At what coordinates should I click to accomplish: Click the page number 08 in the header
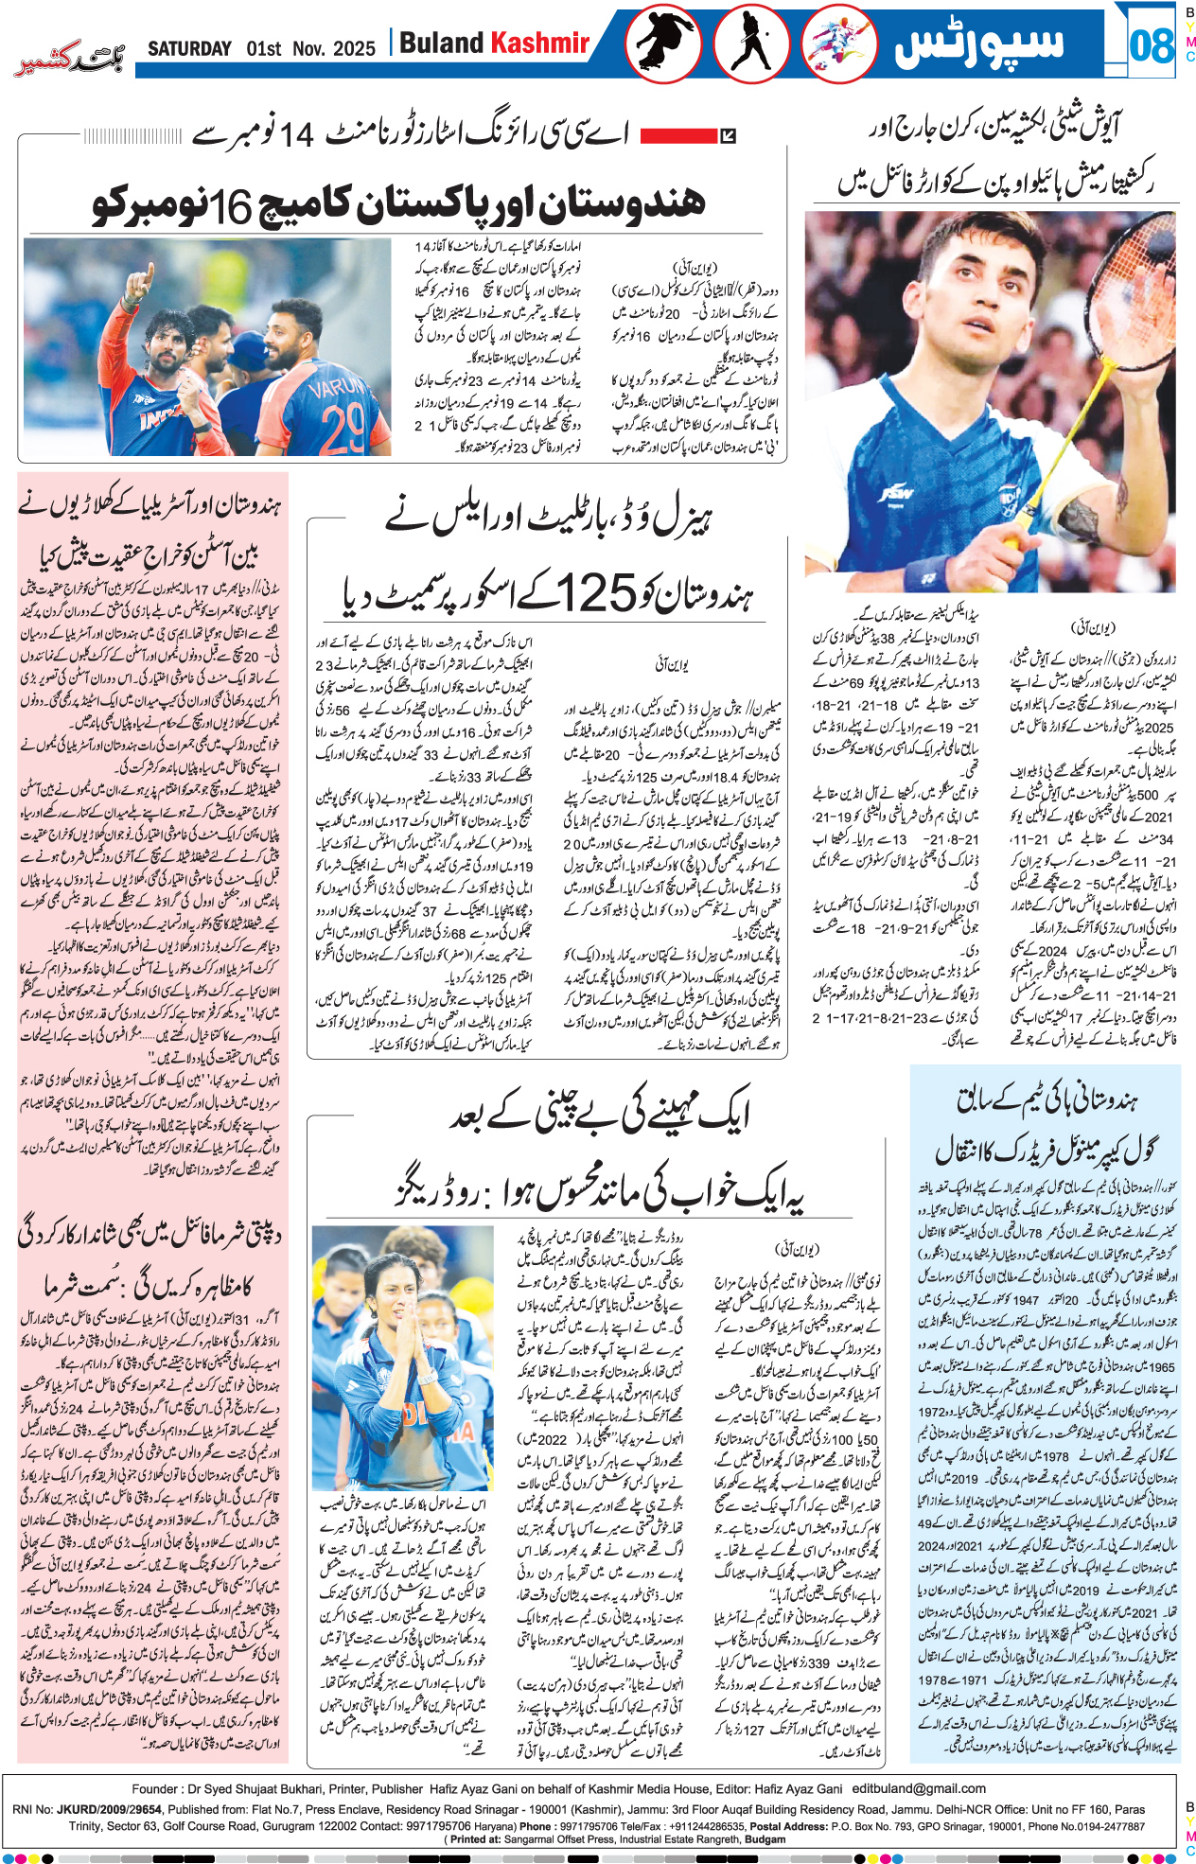pyautogui.click(x=1152, y=44)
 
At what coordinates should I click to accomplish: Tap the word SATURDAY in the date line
pyautogui.click(x=189, y=48)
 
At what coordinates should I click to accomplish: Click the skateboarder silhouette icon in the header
pyautogui.click(x=662, y=44)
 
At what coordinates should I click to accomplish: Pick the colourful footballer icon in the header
pyautogui.click(x=838, y=44)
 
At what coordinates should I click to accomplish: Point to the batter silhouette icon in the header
pyautogui.click(x=751, y=44)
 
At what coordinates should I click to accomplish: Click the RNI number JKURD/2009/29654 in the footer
pyautogui.click(x=109, y=1808)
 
